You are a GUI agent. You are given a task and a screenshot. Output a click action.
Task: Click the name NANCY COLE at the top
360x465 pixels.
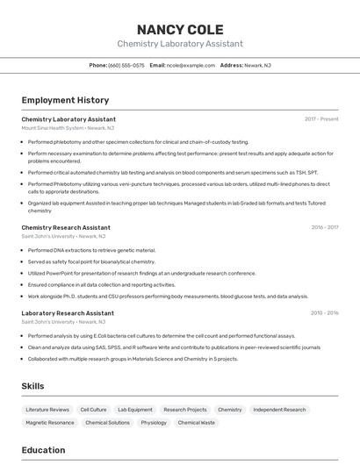[180, 30]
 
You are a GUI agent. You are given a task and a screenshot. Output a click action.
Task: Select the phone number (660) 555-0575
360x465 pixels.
[126, 65]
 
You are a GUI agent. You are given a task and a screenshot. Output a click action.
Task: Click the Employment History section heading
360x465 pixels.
[65, 100]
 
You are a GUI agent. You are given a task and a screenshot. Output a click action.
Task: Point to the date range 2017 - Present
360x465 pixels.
[321, 119]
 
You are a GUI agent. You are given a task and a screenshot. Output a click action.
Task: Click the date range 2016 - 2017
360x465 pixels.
[324, 227]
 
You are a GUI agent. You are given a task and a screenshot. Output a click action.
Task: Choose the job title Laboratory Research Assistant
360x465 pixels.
[68, 313]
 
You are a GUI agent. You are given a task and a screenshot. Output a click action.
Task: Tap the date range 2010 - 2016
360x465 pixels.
[324, 313]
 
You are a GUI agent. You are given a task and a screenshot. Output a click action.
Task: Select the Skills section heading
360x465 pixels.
[32, 386]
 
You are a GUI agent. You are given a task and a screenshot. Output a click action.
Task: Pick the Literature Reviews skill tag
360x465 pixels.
[47, 410]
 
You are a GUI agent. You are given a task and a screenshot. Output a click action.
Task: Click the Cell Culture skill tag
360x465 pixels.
[93, 410]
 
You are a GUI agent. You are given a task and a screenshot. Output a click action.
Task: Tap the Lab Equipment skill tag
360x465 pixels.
[135, 410]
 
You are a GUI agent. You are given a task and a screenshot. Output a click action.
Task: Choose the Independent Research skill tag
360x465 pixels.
[279, 410]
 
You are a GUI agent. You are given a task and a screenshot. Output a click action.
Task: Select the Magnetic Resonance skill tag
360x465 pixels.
[50, 423]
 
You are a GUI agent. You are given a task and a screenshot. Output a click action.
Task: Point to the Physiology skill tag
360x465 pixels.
[154, 423]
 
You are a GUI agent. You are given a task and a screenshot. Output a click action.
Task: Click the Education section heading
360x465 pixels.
[43, 450]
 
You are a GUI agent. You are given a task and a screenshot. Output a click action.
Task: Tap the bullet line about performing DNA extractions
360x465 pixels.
[91, 250]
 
